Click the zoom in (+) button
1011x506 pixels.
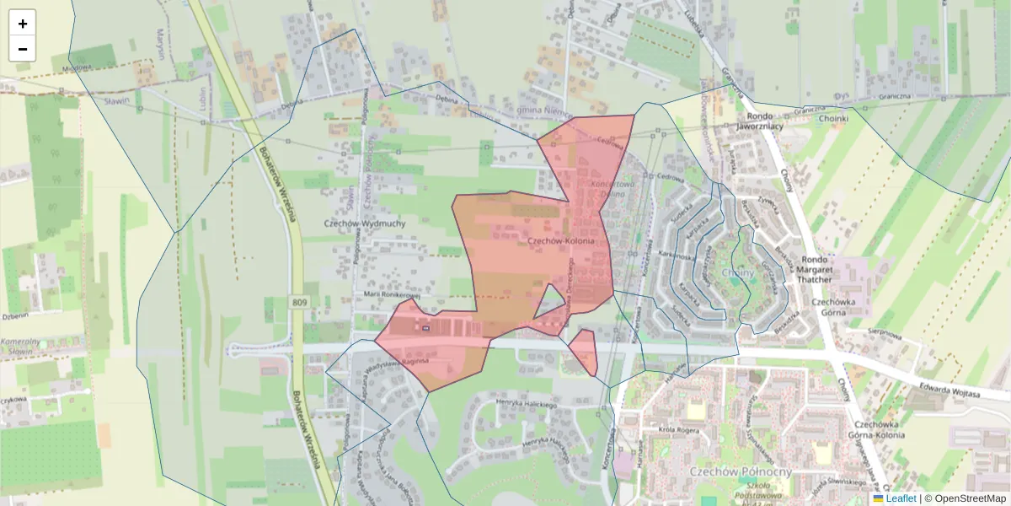click(23, 24)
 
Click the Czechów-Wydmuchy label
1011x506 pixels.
click(365, 223)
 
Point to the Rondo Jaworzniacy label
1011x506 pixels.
click(760, 121)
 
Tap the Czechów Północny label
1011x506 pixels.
click(741, 471)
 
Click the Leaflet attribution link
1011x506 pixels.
click(901, 498)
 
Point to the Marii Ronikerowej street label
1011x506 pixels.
click(391, 295)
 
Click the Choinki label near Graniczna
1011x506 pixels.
click(833, 119)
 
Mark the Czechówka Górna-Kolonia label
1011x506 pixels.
click(879, 429)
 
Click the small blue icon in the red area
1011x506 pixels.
click(426, 327)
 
